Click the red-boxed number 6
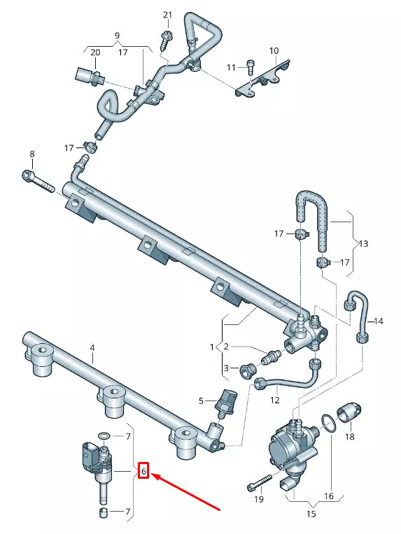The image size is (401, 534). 143,472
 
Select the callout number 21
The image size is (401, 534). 167,15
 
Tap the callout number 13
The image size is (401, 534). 362,243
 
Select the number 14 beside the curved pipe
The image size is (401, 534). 379,322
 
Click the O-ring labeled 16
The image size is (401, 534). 327,421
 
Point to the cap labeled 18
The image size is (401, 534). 350,413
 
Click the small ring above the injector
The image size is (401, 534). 102,435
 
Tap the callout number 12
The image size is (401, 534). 274,400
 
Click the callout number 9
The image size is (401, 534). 117,35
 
